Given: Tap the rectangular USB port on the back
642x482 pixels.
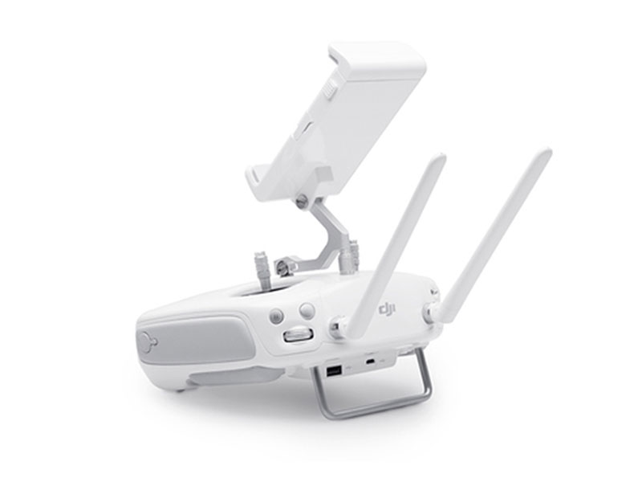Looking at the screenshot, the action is [x=333, y=372].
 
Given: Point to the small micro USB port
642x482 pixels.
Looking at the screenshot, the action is [x=371, y=361].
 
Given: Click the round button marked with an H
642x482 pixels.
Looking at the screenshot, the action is [x=277, y=316].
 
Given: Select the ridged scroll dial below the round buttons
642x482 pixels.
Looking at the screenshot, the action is [x=298, y=334].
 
